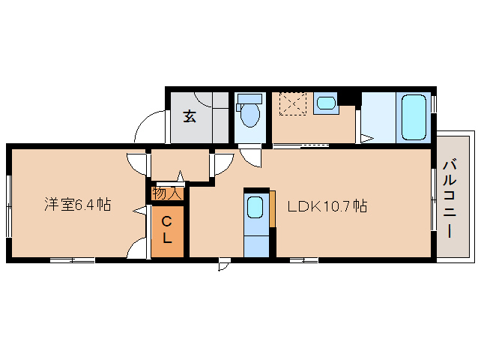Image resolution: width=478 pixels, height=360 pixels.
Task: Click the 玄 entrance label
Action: [190, 116]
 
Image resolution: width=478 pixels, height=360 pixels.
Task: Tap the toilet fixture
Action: [249, 115]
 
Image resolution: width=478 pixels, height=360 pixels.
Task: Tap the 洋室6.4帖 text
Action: [77, 204]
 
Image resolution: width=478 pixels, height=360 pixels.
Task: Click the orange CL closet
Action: [167, 230]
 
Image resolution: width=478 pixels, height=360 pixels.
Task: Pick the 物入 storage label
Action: [167, 193]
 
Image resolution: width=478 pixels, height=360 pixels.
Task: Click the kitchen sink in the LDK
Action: [255, 207]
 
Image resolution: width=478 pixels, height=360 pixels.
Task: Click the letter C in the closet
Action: [167, 221]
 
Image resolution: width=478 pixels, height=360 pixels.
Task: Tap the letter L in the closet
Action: [167, 239]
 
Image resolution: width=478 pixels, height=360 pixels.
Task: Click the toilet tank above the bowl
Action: [249, 98]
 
